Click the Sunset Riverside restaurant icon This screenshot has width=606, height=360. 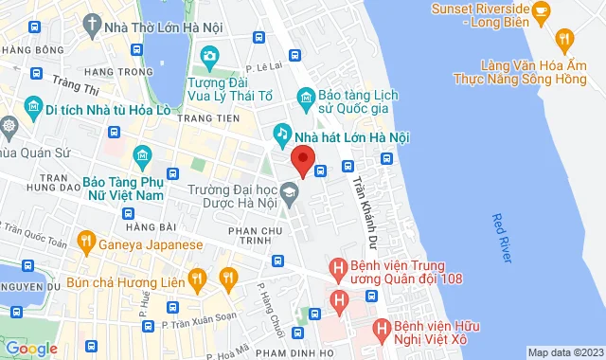pyautogui.click(x=542, y=11)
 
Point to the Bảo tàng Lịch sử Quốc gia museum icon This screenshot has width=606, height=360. pyautogui.click(x=305, y=96)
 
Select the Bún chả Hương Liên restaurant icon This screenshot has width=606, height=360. pyautogui.click(x=197, y=278)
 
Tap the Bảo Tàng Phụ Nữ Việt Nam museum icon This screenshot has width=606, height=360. pyautogui.click(x=141, y=155)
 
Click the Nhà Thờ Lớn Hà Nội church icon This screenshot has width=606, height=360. pyautogui.click(x=93, y=21)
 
